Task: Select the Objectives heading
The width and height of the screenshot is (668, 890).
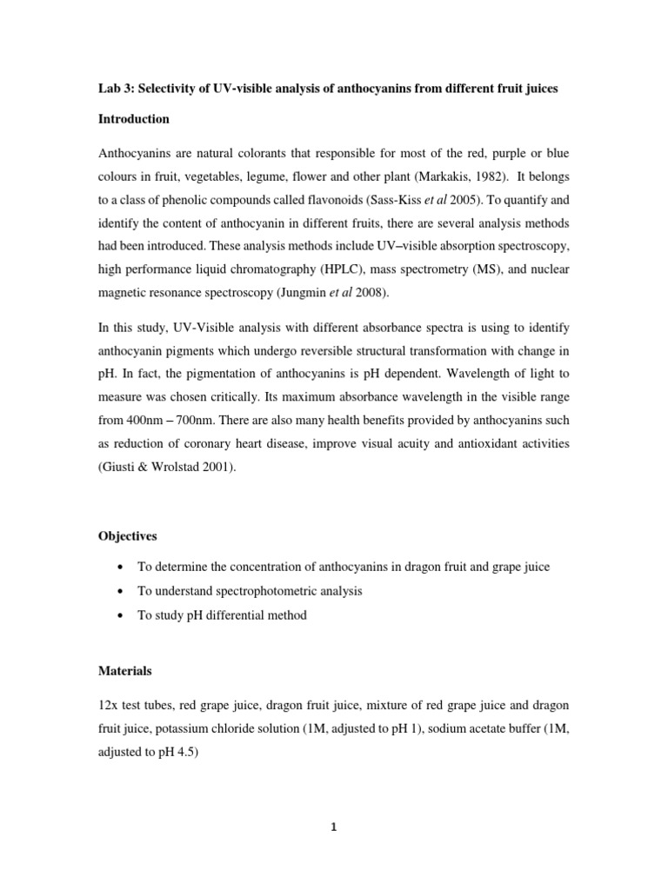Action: pos(129,537)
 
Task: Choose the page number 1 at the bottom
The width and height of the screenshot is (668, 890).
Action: pos(333,827)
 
